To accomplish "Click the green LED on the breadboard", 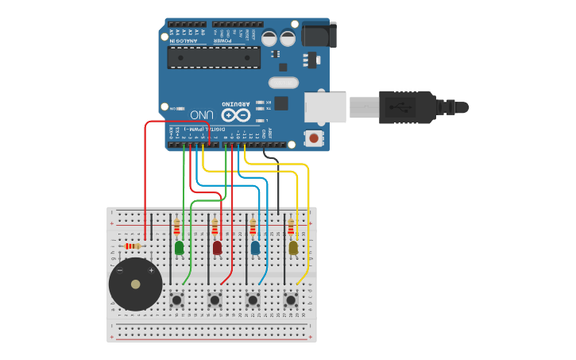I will (x=179, y=248).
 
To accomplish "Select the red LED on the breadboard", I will (x=217, y=248).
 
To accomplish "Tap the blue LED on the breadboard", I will (x=255, y=248).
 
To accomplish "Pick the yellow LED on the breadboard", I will (x=293, y=248).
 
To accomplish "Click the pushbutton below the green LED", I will (x=176, y=300).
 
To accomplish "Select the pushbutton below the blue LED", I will (x=253, y=300).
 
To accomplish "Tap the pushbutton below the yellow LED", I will (x=291, y=300).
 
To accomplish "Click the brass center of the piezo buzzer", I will (x=136, y=284).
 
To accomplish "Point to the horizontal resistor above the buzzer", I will (x=132, y=246).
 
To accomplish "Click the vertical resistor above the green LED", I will (x=176, y=227).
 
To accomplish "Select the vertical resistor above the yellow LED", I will (x=291, y=227).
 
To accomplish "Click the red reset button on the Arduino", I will (x=315, y=138).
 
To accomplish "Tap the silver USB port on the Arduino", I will (x=326, y=107).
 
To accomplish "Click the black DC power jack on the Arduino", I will (x=319, y=35).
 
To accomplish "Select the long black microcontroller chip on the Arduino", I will (x=214, y=57).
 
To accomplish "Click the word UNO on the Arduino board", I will (x=201, y=114).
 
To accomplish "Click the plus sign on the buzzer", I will (x=151, y=270).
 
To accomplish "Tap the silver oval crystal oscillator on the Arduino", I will (x=284, y=82).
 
